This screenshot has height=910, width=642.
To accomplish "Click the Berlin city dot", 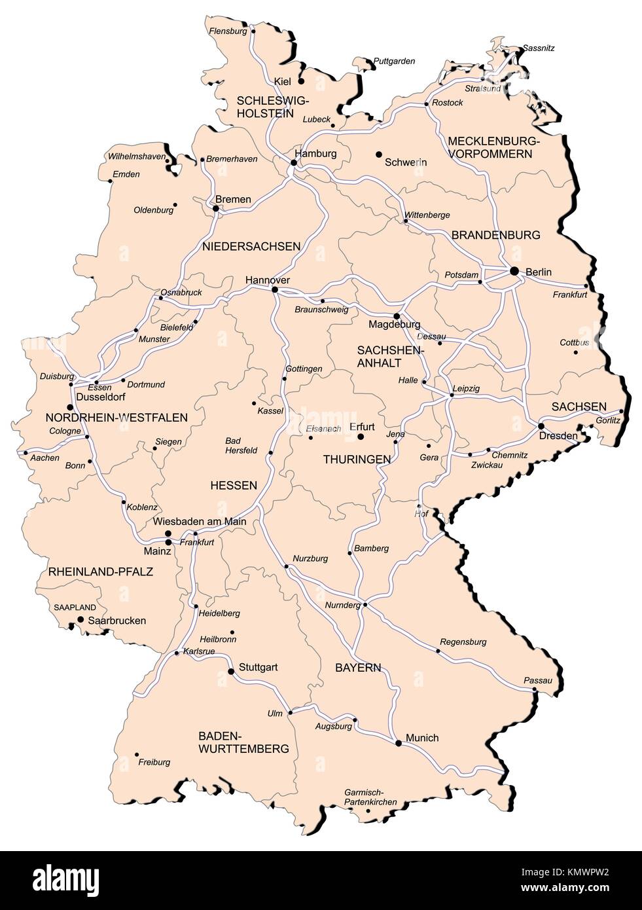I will point(514,271).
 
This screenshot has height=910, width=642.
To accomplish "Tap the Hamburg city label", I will point(315,154).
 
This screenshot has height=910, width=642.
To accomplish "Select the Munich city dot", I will point(397,742).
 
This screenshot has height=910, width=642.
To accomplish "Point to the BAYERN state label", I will point(357,668).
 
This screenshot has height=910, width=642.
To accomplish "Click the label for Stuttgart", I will point(258,667).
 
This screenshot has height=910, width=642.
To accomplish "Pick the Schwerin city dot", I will point(378,155).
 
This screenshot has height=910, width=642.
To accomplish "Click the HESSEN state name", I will point(234,485).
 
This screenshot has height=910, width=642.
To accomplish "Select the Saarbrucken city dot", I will point(80,619).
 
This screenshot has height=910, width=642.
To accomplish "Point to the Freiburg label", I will point(154,762).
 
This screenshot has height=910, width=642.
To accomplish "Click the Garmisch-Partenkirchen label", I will point(370,797).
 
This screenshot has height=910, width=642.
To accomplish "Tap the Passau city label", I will point(538,680).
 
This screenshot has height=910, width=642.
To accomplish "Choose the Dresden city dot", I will point(541,426).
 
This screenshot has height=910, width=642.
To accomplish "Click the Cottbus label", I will point(574,342).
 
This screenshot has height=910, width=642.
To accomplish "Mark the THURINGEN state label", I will point(357,460).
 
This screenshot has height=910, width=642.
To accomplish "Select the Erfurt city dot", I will point(360,436).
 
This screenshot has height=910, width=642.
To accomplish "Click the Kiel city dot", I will point(302,81).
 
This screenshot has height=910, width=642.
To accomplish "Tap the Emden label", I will point(126,174).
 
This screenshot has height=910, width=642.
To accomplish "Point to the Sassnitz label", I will point(538,48).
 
